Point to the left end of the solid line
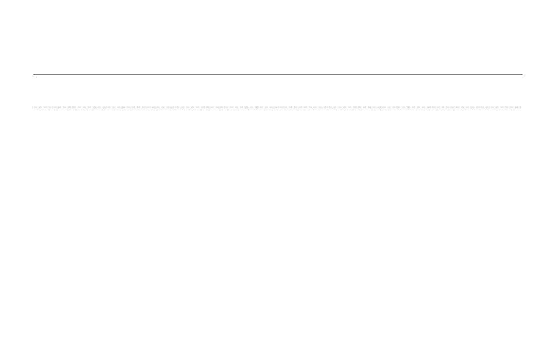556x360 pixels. coord(33,74)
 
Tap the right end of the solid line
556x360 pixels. coord(522,74)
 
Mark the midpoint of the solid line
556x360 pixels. coord(277,74)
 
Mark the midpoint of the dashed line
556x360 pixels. coord(277,107)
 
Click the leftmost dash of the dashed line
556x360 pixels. coord(35,107)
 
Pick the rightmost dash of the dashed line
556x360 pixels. coord(521,107)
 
